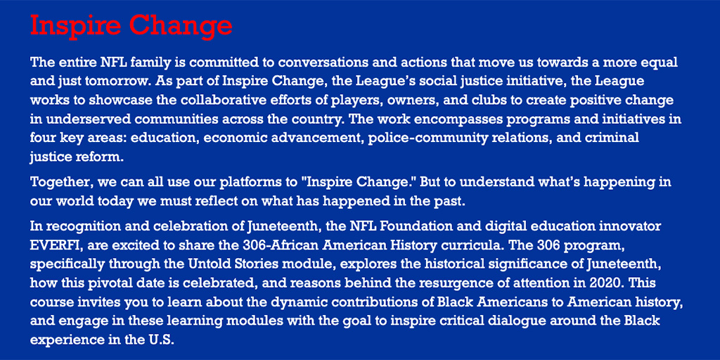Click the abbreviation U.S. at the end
click(161, 338)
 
